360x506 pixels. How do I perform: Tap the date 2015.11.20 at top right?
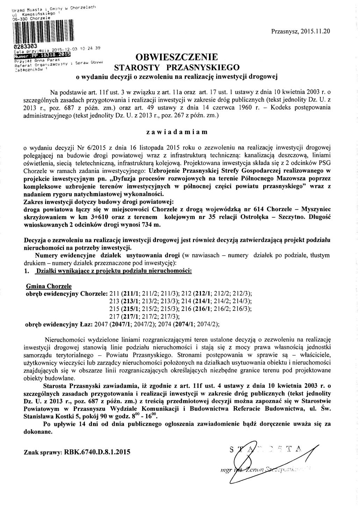point(316,31)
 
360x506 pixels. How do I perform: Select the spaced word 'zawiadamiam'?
point(177,132)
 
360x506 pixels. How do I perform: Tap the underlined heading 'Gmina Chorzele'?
point(49,286)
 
